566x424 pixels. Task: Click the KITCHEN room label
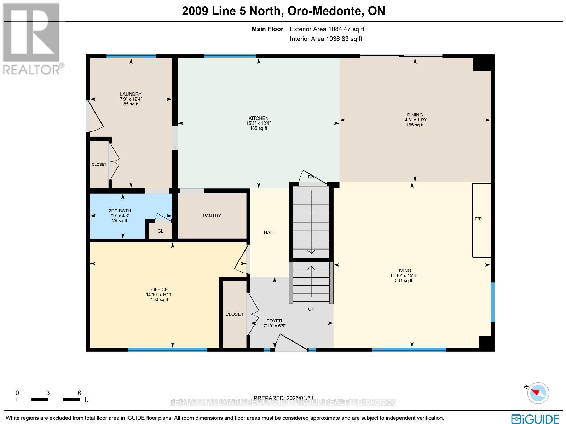click(258, 118)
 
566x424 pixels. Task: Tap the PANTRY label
click(212, 216)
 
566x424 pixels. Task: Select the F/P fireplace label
click(478, 219)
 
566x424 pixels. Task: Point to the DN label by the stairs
click(311, 177)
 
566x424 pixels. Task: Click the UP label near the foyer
click(311, 309)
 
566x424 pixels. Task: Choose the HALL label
click(270, 233)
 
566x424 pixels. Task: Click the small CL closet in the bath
click(160, 231)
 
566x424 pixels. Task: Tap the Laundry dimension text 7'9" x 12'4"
click(131, 99)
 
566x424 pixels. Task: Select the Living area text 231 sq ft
click(404, 280)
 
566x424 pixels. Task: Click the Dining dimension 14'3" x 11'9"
click(415, 120)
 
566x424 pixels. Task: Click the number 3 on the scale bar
click(48, 393)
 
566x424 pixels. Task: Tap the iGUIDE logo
click(535, 419)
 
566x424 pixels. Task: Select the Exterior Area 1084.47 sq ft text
click(327, 29)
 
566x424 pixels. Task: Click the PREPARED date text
click(284, 398)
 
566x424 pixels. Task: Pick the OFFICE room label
click(159, 290)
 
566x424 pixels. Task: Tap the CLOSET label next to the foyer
click(235, 314)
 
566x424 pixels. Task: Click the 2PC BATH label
click(120, 211)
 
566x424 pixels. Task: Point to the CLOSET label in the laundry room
click(99, 164)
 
